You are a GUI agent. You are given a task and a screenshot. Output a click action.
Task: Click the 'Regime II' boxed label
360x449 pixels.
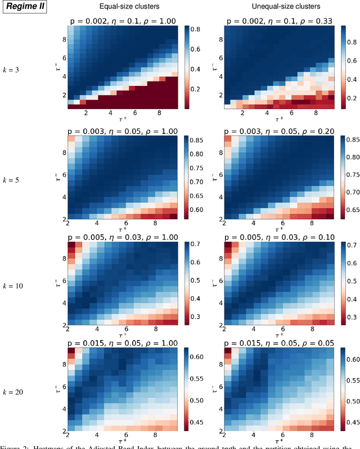24,8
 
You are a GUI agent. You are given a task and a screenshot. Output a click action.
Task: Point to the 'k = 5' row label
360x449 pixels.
22,179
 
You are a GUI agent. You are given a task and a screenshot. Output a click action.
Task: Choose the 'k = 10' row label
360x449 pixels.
22,285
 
